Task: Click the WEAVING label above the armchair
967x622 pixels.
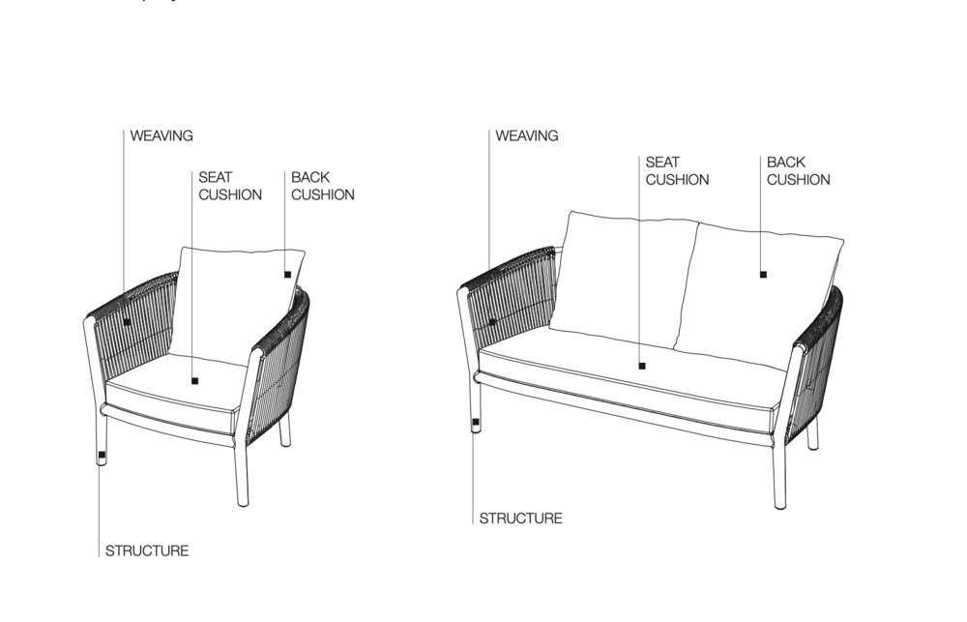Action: pos(161,135)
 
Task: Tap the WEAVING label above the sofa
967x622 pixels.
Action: pos(527,135)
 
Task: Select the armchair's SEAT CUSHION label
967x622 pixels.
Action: pos(230,186)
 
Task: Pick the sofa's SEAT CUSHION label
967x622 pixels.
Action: pos(677,171)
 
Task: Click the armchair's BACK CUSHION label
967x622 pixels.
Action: pos(323,186)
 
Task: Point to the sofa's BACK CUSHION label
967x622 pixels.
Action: pos(798,171)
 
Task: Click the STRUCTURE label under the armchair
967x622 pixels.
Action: pos(147,551)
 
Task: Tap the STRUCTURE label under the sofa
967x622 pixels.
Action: pos(520,518)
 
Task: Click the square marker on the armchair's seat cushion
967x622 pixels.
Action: pos(195,381)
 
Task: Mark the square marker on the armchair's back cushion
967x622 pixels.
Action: pos(287,275)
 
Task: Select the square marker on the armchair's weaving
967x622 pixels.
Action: pos(127,322)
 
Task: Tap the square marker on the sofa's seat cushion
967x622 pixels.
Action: pos(642,366)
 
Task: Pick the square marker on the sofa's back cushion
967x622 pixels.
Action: pos(764,275)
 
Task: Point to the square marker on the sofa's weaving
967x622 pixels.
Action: pos(492,322)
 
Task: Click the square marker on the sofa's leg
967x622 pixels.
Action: pos(476,423)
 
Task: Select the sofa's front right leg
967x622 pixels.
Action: pos(780,475)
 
